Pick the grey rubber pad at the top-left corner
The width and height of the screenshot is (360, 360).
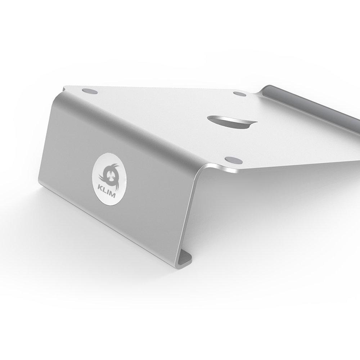(90, 91)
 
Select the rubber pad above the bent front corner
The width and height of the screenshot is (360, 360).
(234, 160)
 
